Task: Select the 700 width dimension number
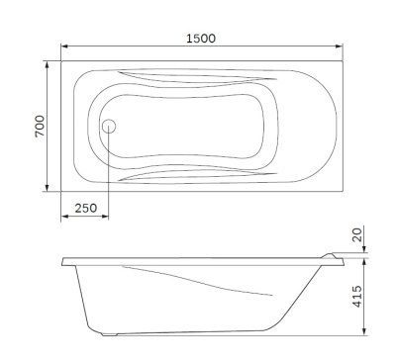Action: click(x=41, y=127)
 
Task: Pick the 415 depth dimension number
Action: click(x=357, y=296)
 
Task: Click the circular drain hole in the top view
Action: click(x=109, y=127)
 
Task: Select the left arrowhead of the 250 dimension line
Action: click(x=64, y=216)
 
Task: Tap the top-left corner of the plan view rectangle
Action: click(x=61, y=60)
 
